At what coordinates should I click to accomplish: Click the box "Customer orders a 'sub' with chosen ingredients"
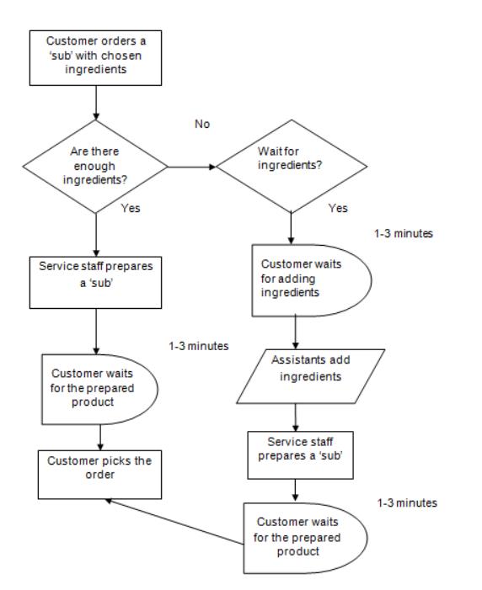pos(96,58)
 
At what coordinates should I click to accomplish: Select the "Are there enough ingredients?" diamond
pos(95,167)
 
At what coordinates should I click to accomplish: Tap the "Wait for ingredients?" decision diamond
pos(291,167)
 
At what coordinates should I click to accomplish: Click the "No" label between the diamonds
pos(202,125)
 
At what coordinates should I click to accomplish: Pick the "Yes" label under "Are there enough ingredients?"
pos(131,208)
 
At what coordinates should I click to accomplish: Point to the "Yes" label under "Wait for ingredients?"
pos(338,208)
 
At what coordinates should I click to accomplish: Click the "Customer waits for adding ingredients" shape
pos(311,280)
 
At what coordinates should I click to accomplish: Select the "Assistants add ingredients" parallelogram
pos(311,376)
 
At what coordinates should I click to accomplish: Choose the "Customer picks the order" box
pos(100,475)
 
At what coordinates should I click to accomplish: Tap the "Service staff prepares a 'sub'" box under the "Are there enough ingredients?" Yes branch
pos(96,283)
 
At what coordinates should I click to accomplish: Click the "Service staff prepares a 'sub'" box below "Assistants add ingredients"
pos(300,455)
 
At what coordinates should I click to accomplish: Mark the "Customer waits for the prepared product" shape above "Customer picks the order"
pos(99,389)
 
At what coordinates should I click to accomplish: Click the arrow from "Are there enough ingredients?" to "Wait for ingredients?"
pos(192,167)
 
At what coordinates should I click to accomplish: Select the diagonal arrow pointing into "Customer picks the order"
pos(174,522)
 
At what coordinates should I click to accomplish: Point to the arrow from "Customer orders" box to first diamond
pos(96,103)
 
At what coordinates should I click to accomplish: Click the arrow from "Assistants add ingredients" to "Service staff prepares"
pos(296,417)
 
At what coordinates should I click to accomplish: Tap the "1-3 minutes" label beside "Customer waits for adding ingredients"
pos(404,234)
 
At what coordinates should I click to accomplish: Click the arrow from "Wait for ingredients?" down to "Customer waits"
pos(291,228)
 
